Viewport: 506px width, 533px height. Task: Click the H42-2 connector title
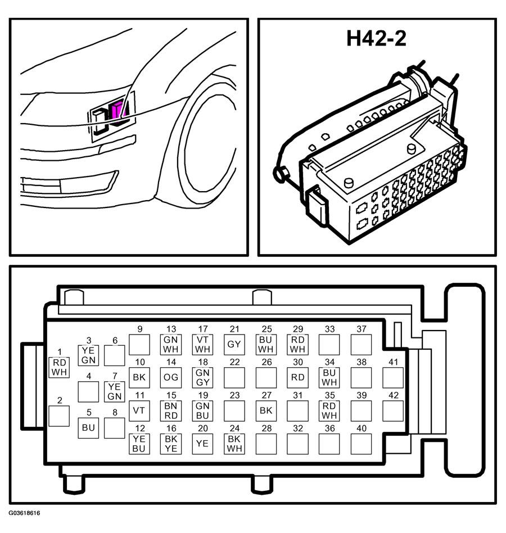point(376,38)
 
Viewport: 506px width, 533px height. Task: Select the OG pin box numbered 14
point(170,378)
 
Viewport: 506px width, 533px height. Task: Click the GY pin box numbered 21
point(234,345)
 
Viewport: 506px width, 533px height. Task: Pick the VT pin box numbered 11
point(139,410)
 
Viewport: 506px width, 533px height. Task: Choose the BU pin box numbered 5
point(88,428)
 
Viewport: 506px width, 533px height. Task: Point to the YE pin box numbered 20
point(202,444)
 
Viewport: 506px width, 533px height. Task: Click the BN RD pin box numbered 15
point(170,410)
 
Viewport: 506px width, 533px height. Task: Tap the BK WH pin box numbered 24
point(234,444)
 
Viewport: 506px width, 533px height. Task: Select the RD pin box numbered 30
point(297,378)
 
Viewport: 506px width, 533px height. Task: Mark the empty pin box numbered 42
point(393,410)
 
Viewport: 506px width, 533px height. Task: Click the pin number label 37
point(362,329)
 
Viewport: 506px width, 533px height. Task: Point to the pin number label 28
point(266,428)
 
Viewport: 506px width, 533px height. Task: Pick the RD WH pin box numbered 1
point(59,368)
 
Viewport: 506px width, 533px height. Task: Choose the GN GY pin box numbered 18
point(202,378)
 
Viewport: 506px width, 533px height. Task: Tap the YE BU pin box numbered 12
point(139,444)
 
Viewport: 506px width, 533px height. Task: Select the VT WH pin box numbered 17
point(202,345)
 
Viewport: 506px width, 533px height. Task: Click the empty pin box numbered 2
point(59,416)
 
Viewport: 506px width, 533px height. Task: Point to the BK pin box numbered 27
point(266,410)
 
